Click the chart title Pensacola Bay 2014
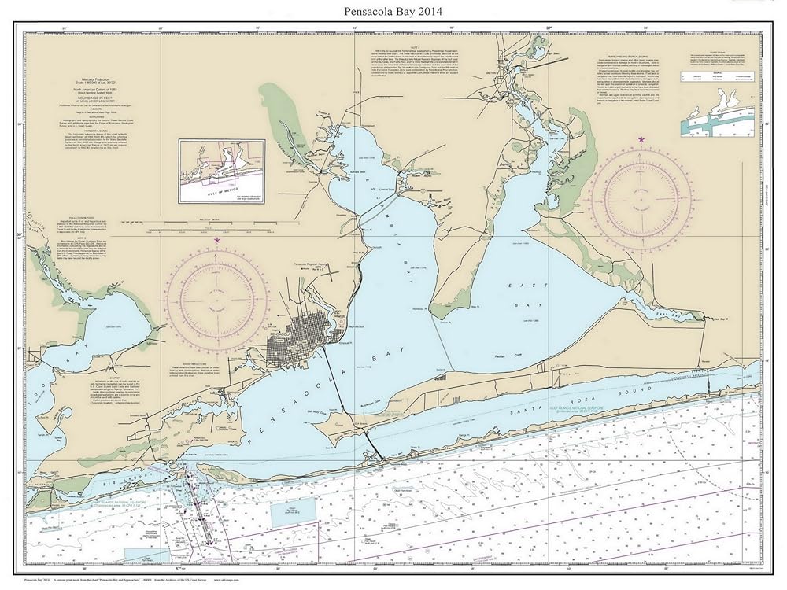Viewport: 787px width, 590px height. tap(393, 10)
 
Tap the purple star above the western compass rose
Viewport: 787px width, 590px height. tap(216, 240)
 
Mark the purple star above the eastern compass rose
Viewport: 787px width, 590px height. tap(641, 139)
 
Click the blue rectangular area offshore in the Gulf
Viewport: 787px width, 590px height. tap(294, 512)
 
